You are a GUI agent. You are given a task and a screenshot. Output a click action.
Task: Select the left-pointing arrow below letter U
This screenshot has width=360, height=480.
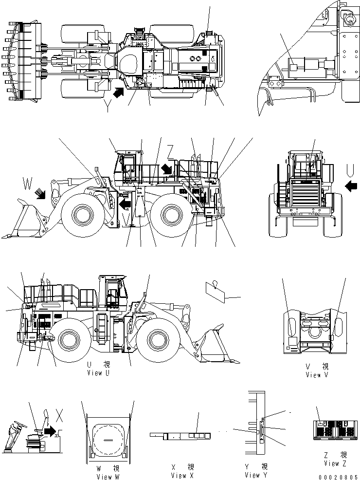349,185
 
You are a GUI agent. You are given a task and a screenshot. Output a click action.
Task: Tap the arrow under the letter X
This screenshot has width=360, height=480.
50,430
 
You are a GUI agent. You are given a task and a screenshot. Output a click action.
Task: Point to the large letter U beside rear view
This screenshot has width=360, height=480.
349,170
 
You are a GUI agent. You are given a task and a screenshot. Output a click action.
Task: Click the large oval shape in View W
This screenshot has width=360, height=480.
108,436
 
